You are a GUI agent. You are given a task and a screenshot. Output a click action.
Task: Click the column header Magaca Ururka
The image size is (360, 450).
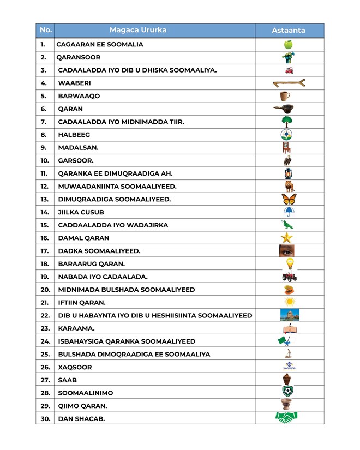pyautogui.click(x=137, y=30)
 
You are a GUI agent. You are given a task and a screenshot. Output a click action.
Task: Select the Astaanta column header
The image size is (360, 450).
pyautogui.click(x=289, y=31)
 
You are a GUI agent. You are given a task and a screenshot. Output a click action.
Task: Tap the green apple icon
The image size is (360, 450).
pyautogui.click(x=289, y=44)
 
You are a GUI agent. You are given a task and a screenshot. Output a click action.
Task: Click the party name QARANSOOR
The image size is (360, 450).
pyautogui.click(x=78, y=57)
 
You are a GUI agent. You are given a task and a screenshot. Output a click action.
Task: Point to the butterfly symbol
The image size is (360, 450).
pyautogui.click(x=289, y=199)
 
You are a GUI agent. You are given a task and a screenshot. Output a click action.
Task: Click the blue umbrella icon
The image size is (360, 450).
pyautogui.click(x=289, y=212)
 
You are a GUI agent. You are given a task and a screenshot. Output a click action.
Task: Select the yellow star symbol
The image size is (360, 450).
pyautogui.click(x=287, y=238)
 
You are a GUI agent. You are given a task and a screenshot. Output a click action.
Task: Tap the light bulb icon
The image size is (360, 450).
pyautogui.click(x=290, y=263)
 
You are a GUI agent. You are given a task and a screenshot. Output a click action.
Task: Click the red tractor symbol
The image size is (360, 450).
pyautogui.click(x=290, y=277)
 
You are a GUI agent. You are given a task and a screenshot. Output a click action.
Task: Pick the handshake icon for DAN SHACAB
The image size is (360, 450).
pyautogui.click(x=286, y=418)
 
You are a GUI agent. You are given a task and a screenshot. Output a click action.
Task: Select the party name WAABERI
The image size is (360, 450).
pyautogui.click(x=74, y=83)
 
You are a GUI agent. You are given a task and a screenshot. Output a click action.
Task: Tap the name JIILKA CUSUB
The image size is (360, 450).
pyautogui.click(x=81, y=212)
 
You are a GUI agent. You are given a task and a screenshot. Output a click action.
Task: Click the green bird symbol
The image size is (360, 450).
pyautogui.click(x=287, y=225)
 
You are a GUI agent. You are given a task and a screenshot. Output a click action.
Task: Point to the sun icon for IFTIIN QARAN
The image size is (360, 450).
pyautogui.click(x=289, y=302)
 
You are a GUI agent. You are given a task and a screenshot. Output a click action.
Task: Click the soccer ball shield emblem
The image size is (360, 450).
pyautogui.click(x=289, y=391)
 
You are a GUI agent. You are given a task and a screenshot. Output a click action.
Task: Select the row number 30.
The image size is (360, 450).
pyautogui.click(x=45, y=418)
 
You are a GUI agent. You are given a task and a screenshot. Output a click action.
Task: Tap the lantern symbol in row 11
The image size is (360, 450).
pyautogui.click(x=289, y=173)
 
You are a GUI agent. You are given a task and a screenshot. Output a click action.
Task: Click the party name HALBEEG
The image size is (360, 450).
pyautogui.click(x=74, y=135)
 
